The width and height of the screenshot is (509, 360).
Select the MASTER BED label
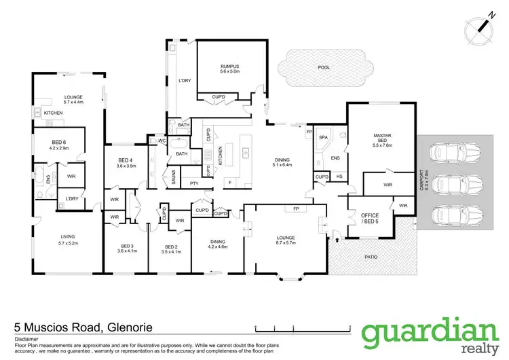click(x=382, y=140)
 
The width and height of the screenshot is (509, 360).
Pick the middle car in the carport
click(x=449, y=183)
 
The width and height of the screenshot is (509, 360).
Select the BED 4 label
click(x=128, y=162)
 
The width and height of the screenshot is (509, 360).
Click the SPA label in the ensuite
click(x=323, y=137)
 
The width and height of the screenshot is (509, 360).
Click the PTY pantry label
click(x=194, y=183)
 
